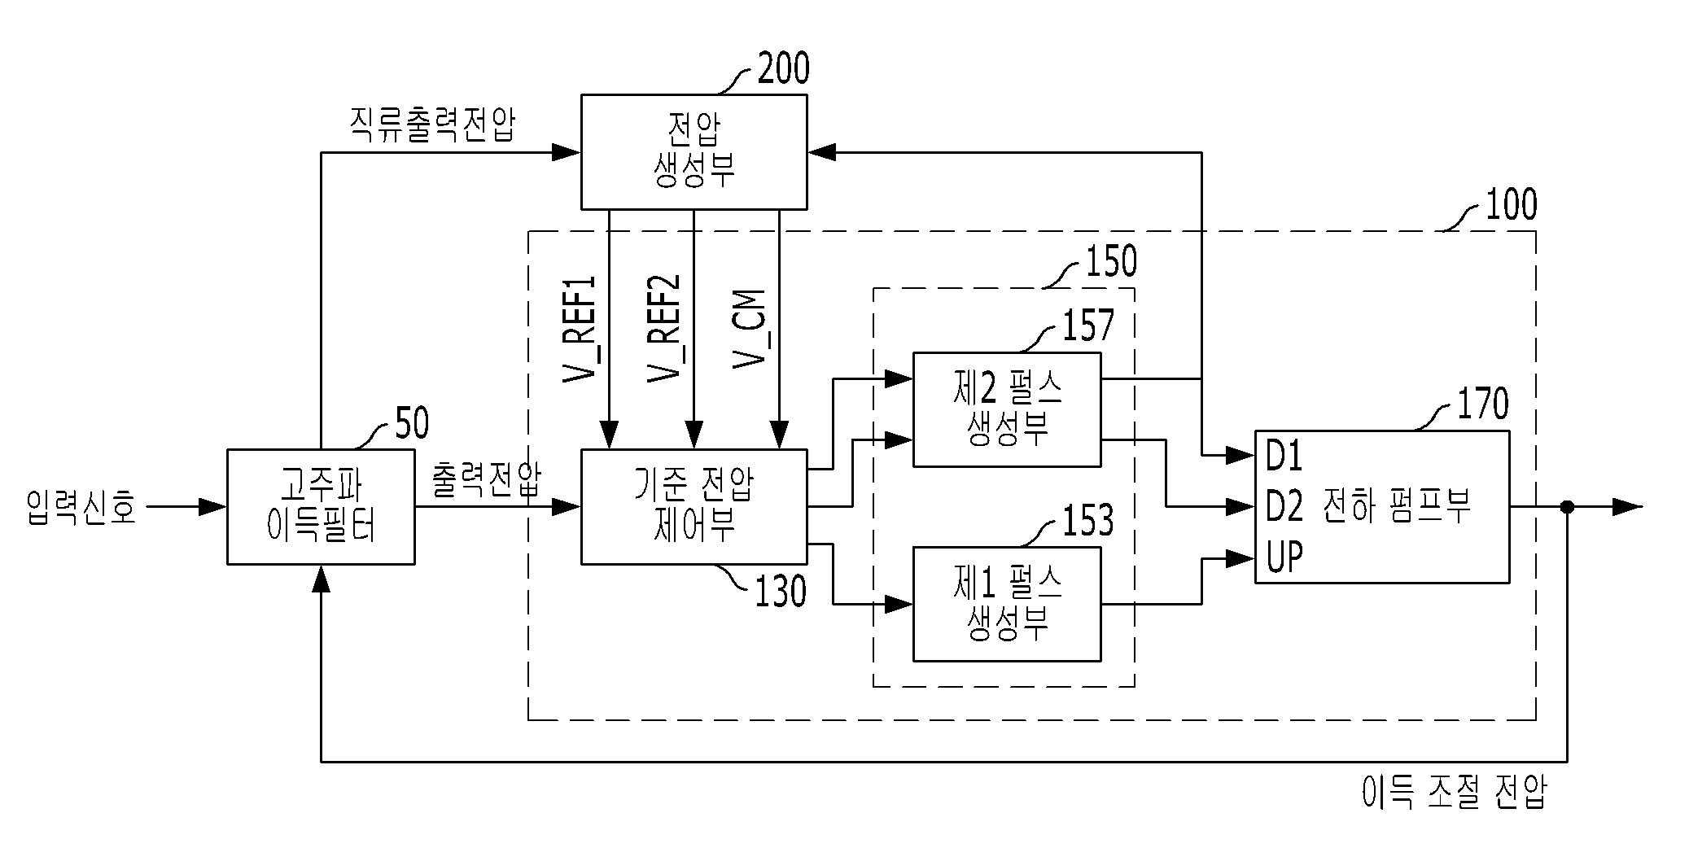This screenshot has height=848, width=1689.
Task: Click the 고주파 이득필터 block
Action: (321, 506)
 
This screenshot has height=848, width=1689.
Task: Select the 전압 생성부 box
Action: (694, 151)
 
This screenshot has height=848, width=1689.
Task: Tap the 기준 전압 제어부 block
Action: (694, 506)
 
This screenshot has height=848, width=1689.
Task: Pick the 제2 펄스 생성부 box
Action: (1007, 409)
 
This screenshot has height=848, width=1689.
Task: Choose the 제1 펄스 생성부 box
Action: (1007, 604)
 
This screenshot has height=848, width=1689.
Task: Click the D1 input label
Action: (1284, 457)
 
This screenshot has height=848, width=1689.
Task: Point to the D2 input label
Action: (1284, 507)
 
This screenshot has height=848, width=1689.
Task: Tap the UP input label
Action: (1284, 557)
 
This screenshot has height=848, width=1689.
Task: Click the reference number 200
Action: (783, 68)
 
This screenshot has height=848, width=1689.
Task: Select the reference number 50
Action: (412, 423)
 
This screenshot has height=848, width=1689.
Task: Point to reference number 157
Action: (1087, 325)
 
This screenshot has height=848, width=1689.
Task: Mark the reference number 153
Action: (1087, 520)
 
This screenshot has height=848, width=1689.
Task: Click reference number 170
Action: (1483, 404)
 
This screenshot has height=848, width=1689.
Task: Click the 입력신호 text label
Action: (81, 507)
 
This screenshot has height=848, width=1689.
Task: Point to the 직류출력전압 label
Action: (432, 124)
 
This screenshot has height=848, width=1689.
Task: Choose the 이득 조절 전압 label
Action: (1454, 792)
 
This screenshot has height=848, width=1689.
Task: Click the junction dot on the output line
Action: (1567, 507)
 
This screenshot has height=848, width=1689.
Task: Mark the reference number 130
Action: (781, 592)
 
